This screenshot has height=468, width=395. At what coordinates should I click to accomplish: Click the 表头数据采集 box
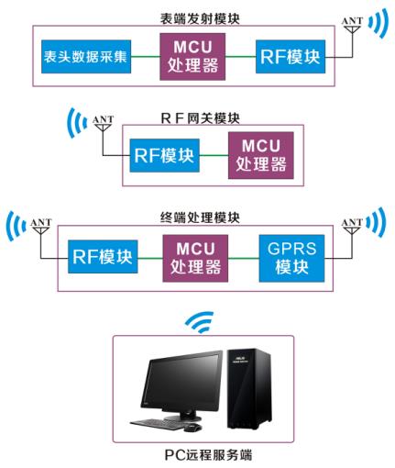[x=85, y=57]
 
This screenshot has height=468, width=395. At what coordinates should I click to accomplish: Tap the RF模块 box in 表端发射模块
[x=290, y=57]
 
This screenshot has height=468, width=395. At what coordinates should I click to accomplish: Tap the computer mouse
[x=192, y=427]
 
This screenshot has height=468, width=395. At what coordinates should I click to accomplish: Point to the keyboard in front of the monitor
[x=156, y=423]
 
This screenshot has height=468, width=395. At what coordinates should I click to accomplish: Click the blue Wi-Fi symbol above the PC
[x=197, y=322]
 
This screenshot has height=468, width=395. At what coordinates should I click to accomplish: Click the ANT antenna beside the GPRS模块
[x=352, y=232]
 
